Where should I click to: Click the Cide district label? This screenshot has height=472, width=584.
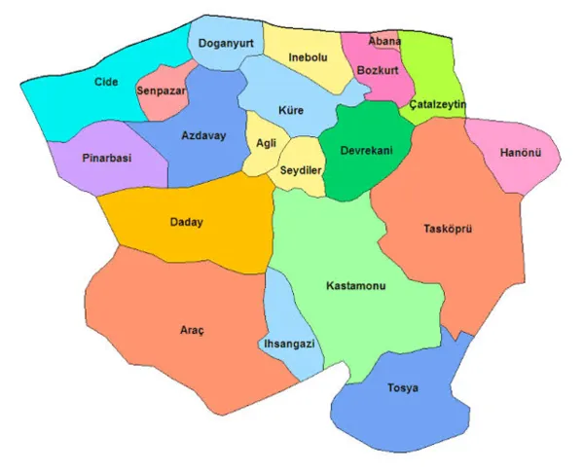[106, 82]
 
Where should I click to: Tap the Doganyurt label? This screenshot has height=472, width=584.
[227, 44]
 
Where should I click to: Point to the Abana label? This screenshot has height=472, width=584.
[384, 42]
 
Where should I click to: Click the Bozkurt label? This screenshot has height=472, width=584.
[378, 71]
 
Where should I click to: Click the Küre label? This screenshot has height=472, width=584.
[290, 110]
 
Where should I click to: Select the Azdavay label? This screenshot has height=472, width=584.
[203, 135]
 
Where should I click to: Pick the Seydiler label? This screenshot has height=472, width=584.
[301, 169]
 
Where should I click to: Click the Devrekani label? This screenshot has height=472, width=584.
[366, 151]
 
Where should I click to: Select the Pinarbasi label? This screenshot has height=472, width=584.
[108, 158]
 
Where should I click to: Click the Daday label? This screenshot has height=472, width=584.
[186, 222]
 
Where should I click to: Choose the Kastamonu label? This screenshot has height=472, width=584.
[356, 287]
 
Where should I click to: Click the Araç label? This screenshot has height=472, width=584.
[193, 329]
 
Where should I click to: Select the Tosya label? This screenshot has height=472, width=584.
[402, 387]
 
